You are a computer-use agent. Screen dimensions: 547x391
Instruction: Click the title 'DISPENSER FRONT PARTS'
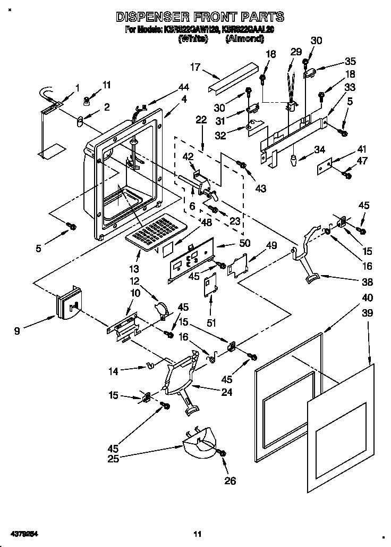(200, 17)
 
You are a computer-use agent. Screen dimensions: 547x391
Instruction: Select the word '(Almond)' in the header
(244, 39)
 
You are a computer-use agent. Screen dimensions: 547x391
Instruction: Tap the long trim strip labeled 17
(232, 77)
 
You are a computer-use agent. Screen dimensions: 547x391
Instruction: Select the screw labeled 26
(222, 453)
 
